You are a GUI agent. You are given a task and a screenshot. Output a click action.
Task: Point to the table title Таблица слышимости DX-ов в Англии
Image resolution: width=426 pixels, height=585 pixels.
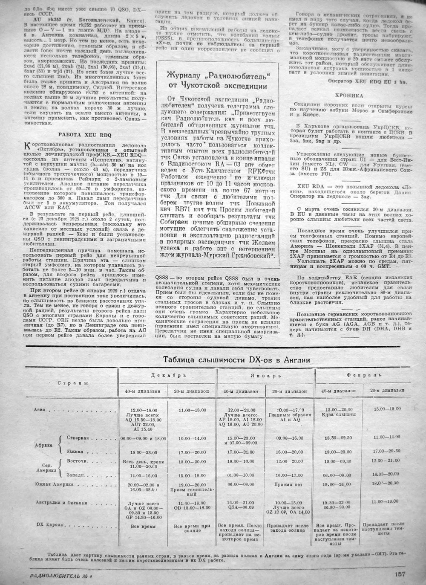(236, 360)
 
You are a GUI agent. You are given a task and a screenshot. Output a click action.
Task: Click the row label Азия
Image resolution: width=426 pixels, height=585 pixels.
(39, 409)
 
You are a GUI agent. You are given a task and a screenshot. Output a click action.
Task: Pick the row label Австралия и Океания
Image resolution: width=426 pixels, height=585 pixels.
(61, 502)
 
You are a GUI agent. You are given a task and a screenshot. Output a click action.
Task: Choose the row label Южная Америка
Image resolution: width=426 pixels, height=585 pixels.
(54, 484)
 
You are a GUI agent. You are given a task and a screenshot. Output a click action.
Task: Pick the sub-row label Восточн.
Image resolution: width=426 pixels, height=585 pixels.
(78, 461)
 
